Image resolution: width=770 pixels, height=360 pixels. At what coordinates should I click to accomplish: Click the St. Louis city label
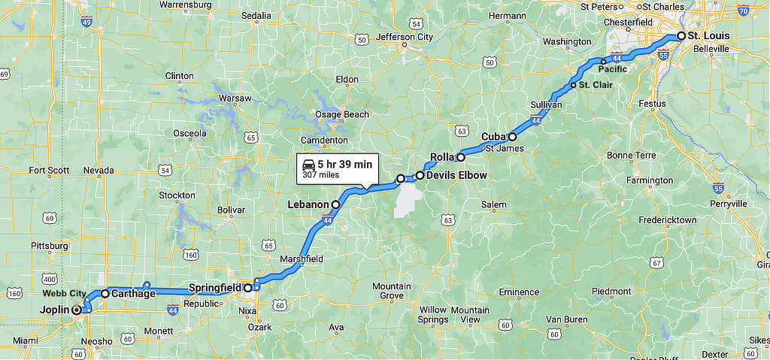(709, 35)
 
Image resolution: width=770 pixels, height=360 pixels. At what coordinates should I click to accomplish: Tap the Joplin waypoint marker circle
(76, 309)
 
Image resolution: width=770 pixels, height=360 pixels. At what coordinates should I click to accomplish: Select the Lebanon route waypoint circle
(335, 204)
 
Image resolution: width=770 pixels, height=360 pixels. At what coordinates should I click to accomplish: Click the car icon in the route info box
(308, 164)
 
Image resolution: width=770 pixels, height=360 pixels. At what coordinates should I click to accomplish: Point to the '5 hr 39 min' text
(345, 165)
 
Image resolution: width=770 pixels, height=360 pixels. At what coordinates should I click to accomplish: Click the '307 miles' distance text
(321, 175)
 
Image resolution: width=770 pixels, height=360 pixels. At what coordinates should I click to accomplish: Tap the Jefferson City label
(405, 36)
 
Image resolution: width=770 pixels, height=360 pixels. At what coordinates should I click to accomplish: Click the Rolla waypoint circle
(460, 157)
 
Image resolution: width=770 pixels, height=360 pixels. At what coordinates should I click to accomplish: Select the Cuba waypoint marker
(512, 137)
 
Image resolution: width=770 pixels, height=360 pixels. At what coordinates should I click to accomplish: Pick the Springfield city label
(214, 287)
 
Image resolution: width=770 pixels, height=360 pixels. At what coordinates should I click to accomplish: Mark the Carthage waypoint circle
(105, 293)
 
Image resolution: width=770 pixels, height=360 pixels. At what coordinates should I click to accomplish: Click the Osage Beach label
(342, 114)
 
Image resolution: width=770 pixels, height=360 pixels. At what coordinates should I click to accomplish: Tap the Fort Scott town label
(50, 171)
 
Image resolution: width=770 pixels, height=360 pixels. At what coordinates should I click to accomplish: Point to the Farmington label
(650, 180)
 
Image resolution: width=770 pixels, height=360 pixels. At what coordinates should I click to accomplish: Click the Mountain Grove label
(392, 291)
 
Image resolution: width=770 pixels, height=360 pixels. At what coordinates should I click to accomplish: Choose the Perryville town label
(729, 203)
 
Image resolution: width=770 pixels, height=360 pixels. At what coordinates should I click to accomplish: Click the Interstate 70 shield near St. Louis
(743, 11)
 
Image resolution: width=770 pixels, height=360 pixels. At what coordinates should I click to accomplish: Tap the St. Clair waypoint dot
(574, 85)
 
